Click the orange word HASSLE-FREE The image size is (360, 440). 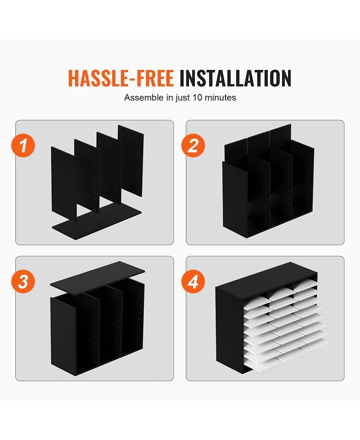pyautogui.click(x=121, y=78)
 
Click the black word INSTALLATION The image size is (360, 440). pyautogui.click(x=235, y=78)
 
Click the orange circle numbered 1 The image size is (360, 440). pyautogui.click(x=23, y=145)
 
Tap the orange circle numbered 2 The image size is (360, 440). pyautogui.click(x=193, y=145)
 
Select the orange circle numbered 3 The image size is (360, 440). pyautogui.click(x=23, y=281)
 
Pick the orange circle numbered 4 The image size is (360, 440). pyautogui.click(x=193, y=281)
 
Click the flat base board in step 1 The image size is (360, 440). pyautogui.click(x=97, y=221)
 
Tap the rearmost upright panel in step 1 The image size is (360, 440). pyautogui.click(x=131, y=160)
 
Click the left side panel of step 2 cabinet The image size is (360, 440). pyautogui.click(x=235, y=199)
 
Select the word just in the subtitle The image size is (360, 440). pyautogui.click(x=183, y=98)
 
